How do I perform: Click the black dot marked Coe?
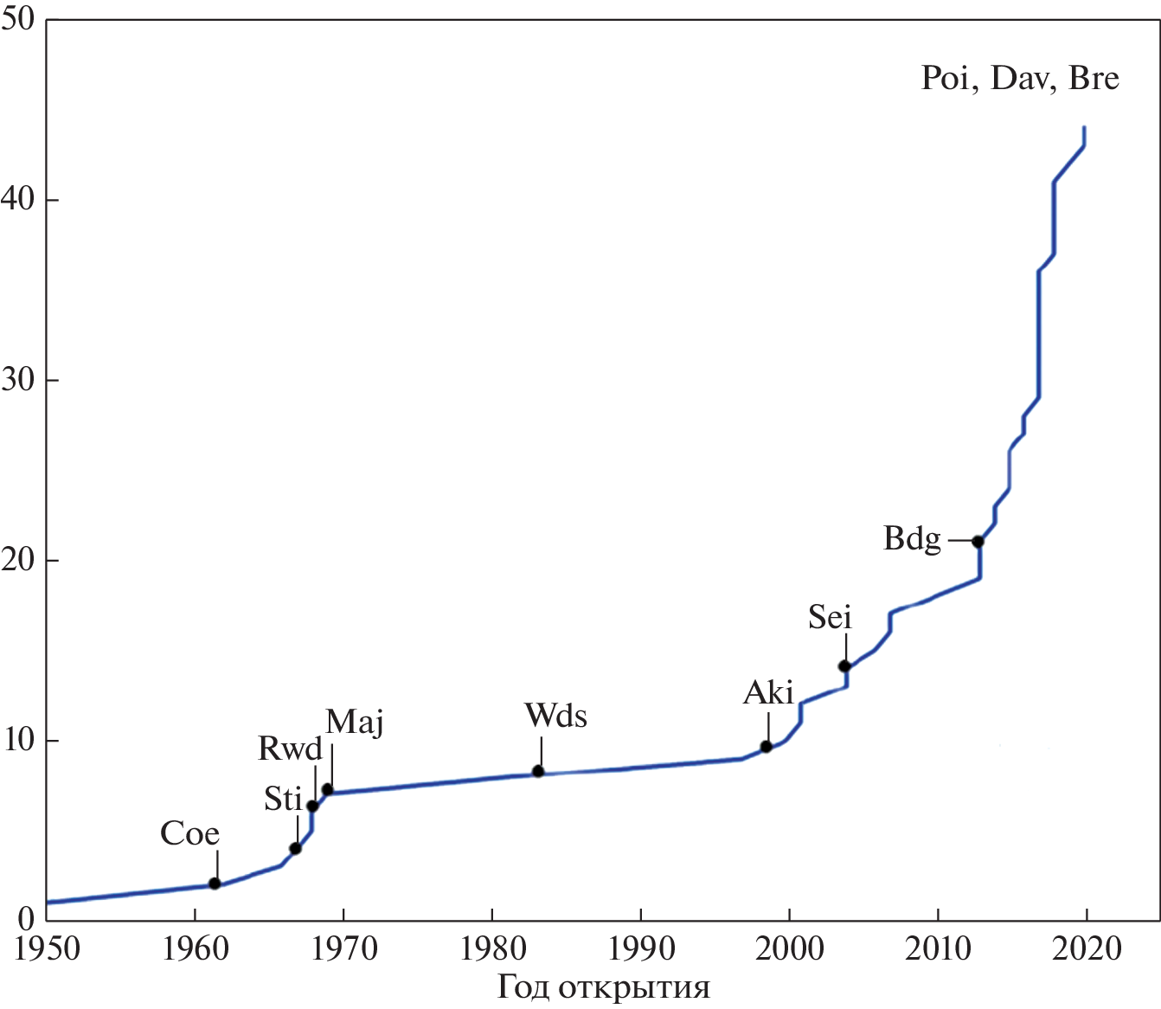(215, 884)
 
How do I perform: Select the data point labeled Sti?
(295, 848)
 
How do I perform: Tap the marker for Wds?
(538, 771)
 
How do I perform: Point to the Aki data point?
(767, 747)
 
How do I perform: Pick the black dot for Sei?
(844, 666)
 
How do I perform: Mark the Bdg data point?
(978, 542)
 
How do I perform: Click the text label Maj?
(355, 722)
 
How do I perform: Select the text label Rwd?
(290, 749)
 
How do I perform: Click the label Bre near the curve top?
(1094, 79)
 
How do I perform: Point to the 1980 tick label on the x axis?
(493, 948)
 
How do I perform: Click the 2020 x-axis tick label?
(1087, 948)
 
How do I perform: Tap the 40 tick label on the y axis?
(17, 200)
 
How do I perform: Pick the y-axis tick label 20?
(17, 561)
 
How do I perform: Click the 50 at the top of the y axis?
(17, 19)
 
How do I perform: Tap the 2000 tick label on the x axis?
(789, 948)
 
